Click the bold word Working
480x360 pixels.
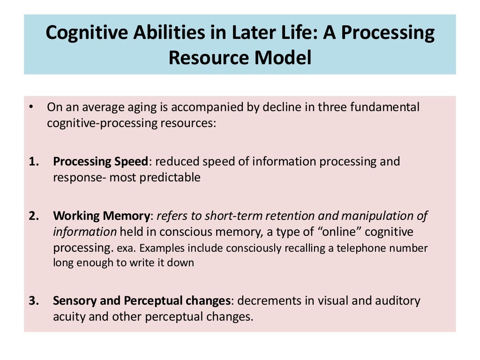(x=76, y=216)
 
